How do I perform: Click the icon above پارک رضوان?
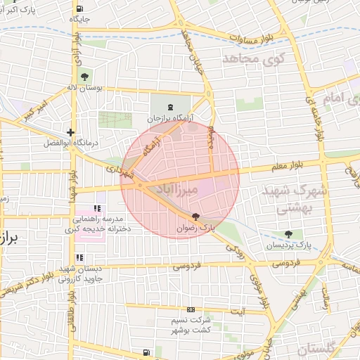tap(195, 218)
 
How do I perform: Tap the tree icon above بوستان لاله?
tap(84, 77)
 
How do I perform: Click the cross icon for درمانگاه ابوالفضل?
tap(70, 132)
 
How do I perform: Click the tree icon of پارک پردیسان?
tap(288, 234)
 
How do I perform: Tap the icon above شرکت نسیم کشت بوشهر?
tap(191, 309)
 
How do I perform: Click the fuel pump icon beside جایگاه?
tap(79, 9)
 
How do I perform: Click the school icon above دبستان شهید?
tap(79, 257)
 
